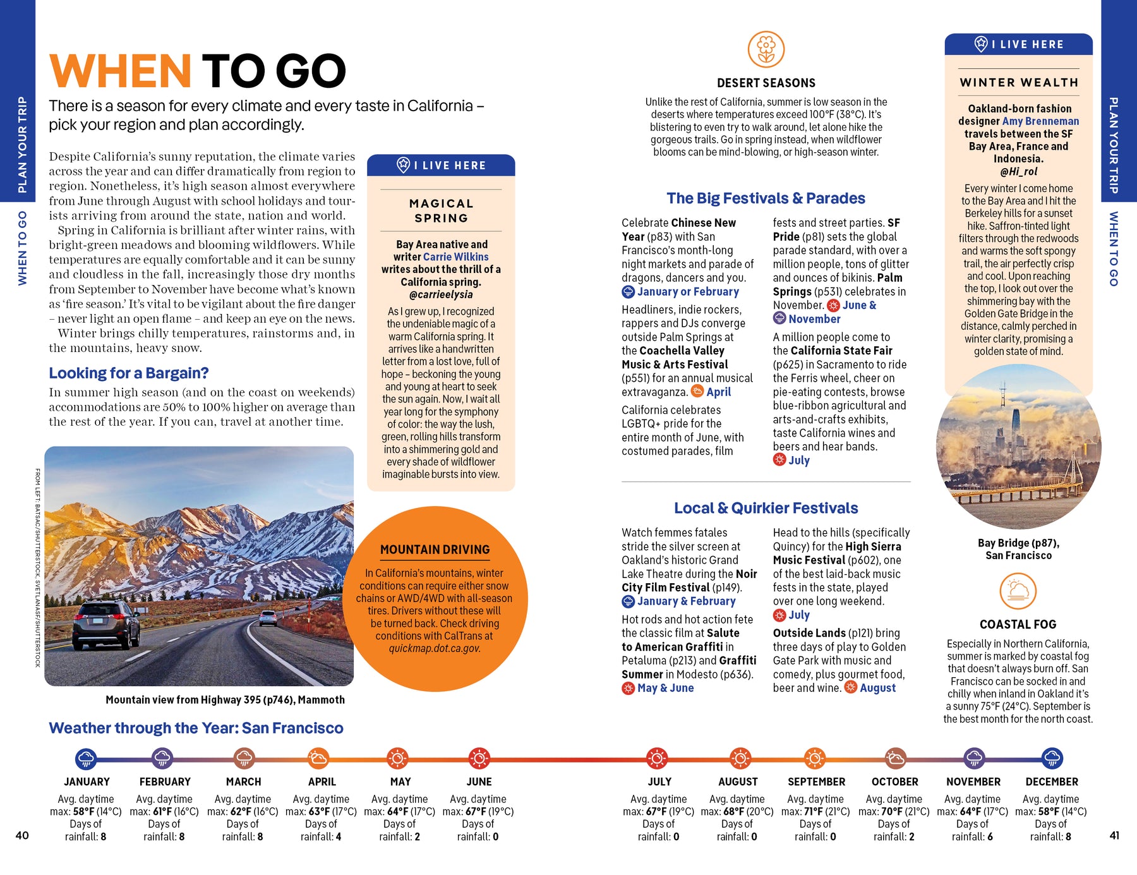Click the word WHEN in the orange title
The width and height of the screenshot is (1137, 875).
pyautogui.click(x=120, y=71)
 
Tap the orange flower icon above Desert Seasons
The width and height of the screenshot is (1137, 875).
pyautogui.click(x=766, y=49)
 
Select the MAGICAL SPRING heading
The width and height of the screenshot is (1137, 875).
pyautogui.click(x=441, y=210)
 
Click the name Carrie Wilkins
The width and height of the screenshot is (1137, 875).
pyautogui.click(x=455, y=256)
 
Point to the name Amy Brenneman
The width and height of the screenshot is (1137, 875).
pyautogui.click(x=1040, y=121)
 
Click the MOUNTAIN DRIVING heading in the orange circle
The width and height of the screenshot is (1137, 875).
pyautogui.click(x=435, y=550)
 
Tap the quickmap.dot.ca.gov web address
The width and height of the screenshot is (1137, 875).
pyautogui.click(x=435, y=648)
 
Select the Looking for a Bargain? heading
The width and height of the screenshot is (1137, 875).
pyautogui.click(x=129, y=373)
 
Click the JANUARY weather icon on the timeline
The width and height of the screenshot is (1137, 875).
pyautogui.click(x=86, y=758)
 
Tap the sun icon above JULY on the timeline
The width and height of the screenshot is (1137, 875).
pyautogui.click(x=657, y=758)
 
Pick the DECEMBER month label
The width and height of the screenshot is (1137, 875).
pyautogui.click(x=1052, y=781)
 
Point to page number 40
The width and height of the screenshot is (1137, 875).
pyautogui.click(x=22, y=835)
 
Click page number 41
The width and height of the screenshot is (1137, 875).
pyautogui.click(x=1114, y=835)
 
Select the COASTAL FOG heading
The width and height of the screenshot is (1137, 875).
pyautogui.click(x=1018, y=624)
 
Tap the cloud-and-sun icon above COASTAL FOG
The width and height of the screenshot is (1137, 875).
pyautogui.click(x=1018, y=591)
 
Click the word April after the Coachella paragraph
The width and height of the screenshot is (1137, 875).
pyautogui.click(x=718, y=392)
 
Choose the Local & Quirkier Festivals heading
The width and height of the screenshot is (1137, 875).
pyautogui.click(x=766, y=508)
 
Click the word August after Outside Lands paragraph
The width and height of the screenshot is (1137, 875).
pyautogui.click(x=877, y=688)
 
